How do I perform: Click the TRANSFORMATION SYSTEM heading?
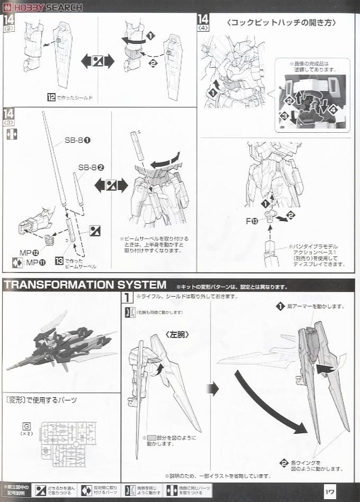tap(85, 285)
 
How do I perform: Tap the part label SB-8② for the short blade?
tap(91, 167)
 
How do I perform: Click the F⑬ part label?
tap(253, 221)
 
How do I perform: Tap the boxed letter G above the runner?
tap(26, 425)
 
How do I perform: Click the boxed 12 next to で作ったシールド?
tap(51, 97)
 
